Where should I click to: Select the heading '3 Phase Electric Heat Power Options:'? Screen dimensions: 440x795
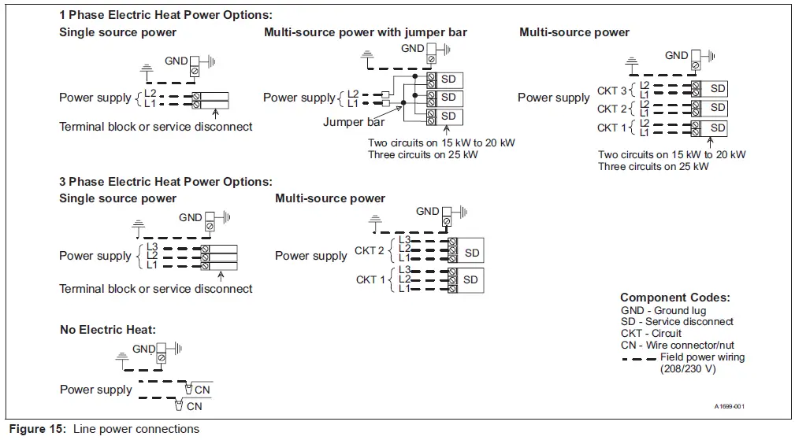[165, 182]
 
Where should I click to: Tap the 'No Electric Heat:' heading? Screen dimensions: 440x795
[108, 329]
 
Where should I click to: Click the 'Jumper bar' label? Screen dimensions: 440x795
[354, 122]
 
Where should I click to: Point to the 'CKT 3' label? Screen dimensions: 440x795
[612, 91]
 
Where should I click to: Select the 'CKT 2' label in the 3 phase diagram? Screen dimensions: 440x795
[370, 250]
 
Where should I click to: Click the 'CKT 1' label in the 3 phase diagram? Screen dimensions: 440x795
[371, 279]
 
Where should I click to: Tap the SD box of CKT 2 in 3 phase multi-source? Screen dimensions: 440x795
[471, 253]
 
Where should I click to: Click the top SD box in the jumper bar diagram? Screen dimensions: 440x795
[448, 79]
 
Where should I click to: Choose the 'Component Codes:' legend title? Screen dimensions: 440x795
[674, 298]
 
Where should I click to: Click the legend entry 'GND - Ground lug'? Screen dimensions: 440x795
[663, 310]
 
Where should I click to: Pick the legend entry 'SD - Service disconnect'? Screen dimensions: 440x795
[677, 322]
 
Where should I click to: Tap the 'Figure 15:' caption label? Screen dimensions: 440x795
[37, 429]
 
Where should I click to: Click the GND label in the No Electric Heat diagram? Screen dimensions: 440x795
[143, 349]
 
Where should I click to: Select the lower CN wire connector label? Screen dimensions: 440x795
[194, 406]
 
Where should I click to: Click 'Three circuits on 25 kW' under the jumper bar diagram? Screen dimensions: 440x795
[422, 154]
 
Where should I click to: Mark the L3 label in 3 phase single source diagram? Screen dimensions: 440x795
[151, 247]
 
